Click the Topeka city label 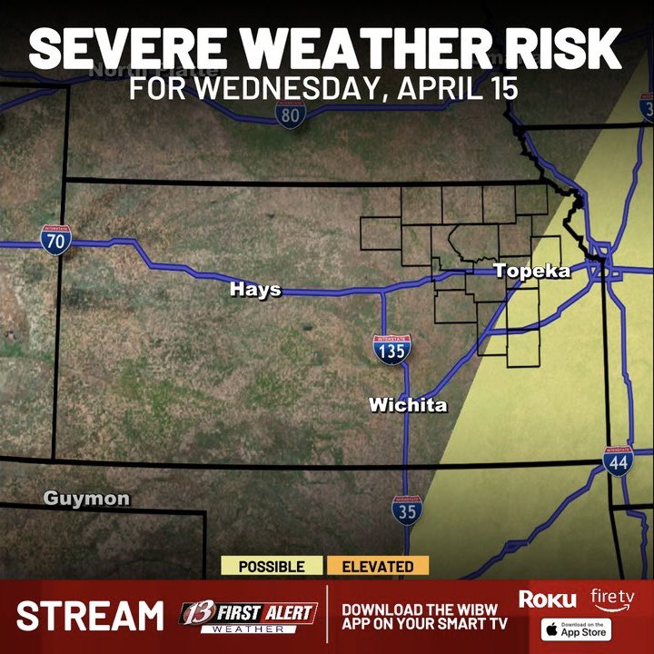pos(531,272)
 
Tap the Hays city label pos(255,290)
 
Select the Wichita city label pos(408,405)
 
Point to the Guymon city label pos(86,499)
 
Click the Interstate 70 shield pos(55,240)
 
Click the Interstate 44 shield pos(618,461)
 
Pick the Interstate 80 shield pos(291,114)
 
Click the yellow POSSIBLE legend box pos(272,567)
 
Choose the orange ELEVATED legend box pos(378,567)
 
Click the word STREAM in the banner pos(90,616)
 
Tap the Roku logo pos(547,599)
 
